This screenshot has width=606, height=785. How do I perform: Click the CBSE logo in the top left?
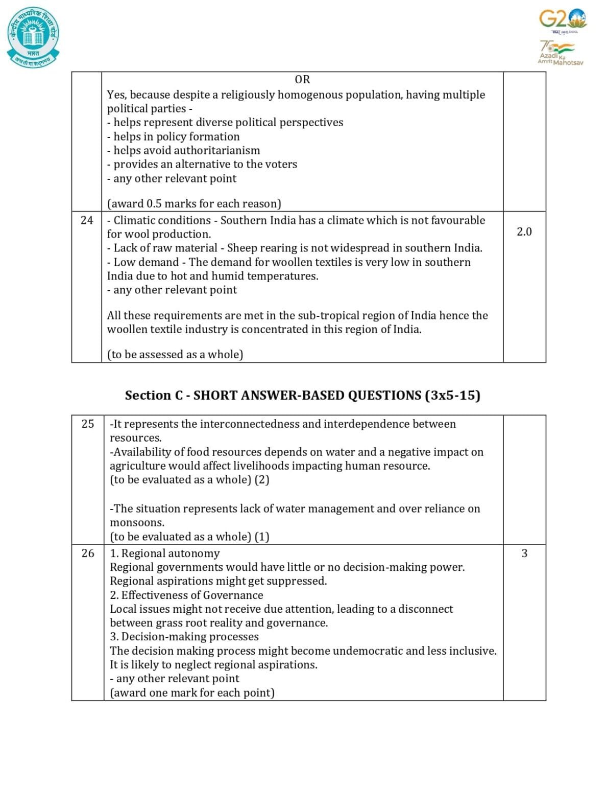click(x=33, y=37)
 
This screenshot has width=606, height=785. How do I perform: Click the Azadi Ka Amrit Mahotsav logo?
click(x=560, y=53)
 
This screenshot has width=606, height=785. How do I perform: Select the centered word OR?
click(x=302, y=80)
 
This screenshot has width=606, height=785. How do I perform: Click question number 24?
click(x=87, y=220)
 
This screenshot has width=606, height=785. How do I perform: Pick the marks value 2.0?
click(x=524, y=232)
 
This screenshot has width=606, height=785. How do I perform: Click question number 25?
click(x=88, y=424)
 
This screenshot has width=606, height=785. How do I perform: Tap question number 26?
click(x=88, y=553)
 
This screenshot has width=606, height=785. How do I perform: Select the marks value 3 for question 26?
click(x=524, y=553)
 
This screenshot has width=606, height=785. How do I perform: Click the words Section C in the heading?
click(x=154, y=396)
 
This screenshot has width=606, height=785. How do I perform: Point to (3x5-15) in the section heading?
click(x=452, y=396)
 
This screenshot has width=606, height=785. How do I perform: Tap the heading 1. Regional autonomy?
click(x=165, y=553)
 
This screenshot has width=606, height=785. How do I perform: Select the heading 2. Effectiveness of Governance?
click(x=186, y=595)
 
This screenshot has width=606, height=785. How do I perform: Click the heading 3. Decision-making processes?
click(x=184, y=637)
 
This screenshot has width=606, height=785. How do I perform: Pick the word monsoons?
click(x=137, y=523)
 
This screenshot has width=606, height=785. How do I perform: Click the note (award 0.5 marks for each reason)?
click(x=194, y=204)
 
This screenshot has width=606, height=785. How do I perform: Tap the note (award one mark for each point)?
click(x=192, y=693)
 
